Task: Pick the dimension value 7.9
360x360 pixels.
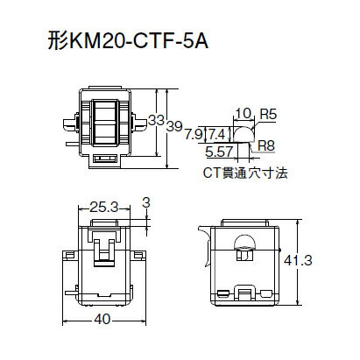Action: tap(194, 133)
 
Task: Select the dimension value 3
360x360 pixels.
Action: tap(146, 202)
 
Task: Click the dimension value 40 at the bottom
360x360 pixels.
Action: tap(102, 320)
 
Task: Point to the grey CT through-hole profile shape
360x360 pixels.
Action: tap(246, 132)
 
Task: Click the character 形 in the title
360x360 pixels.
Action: tap(56, 40)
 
